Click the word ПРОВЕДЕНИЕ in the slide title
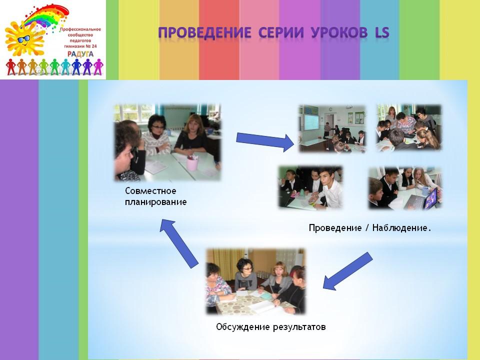click(205, 32)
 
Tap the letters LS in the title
click(382, 32)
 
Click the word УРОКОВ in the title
click(339, 32)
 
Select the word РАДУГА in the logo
click(80, 54)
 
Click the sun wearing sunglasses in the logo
click(24, 38)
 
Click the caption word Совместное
click(150, 191)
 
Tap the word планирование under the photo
click(156, 202)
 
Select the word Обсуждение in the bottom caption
click(243, 327)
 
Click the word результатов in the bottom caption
click(299, 327)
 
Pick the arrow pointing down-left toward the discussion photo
click(348, 271)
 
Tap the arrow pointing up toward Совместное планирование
click(179, 243)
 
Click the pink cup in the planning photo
click(192, 163)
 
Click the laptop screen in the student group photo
click(431, 199)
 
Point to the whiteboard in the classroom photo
click(311, 122)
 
